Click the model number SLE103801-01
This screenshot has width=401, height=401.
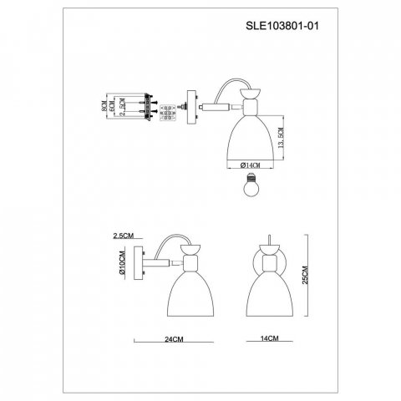click(282, 26)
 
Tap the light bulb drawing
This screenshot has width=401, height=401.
click(251, 185)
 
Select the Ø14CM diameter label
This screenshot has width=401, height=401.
click(250, 165)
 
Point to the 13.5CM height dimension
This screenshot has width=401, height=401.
click(281, 138)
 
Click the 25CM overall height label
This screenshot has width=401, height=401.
click(306, 275)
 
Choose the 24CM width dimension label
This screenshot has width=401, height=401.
click(174, 339)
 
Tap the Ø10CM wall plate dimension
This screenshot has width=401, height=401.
click(122, 263)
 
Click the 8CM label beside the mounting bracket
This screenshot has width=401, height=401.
click(104, 106)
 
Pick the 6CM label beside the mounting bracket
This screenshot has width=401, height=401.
click(112, 106)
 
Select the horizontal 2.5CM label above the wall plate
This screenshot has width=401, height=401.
click(124, 236)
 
